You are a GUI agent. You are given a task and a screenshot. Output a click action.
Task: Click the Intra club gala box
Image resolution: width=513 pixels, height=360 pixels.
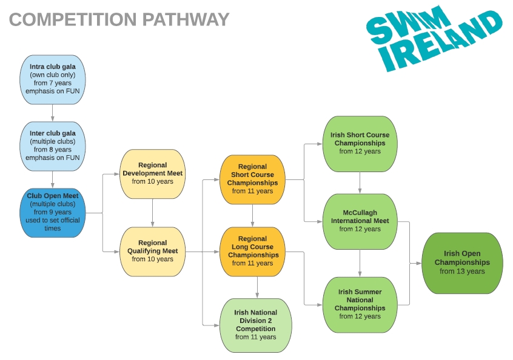coord(53,79)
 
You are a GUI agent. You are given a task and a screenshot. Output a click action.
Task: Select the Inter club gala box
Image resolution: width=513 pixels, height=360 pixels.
coord(53,145)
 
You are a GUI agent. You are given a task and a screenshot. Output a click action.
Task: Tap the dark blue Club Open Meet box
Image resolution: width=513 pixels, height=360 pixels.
coord(53,212)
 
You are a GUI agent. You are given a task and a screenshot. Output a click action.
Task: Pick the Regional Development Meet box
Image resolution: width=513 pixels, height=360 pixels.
coord(152,173)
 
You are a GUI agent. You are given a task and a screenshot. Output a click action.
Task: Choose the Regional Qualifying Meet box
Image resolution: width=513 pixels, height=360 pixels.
coord(152,251)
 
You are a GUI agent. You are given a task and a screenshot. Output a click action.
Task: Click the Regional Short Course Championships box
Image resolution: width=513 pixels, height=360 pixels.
coord(252,179)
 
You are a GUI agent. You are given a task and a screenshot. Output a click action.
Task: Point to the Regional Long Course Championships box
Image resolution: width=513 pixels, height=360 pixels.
coord(252,251)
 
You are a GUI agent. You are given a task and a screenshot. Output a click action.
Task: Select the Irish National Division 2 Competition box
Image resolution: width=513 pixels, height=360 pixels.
coord(255,325)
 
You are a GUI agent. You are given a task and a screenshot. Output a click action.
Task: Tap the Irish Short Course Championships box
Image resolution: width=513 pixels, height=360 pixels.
coord(360,143)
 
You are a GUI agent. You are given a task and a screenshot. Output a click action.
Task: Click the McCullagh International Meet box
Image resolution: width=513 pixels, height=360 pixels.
coord(360,221)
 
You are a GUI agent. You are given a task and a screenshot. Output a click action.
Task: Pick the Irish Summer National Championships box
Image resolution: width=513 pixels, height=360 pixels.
coord(360,304)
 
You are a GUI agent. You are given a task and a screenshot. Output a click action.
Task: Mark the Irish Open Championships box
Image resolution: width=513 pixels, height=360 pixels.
coord(463,263)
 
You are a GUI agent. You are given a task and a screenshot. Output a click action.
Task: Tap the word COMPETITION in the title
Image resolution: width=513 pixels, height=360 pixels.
coord(73,20)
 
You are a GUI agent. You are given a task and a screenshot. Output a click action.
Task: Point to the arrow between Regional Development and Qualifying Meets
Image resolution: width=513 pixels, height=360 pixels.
coord(152,212)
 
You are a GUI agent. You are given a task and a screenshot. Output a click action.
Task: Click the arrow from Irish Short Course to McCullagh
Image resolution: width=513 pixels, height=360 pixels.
coord(360,182)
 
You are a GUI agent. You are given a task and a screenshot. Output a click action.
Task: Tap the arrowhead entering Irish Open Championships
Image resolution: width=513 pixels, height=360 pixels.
coord(419,263)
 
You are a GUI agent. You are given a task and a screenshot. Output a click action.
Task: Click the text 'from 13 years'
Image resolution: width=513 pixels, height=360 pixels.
coord(463,272)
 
